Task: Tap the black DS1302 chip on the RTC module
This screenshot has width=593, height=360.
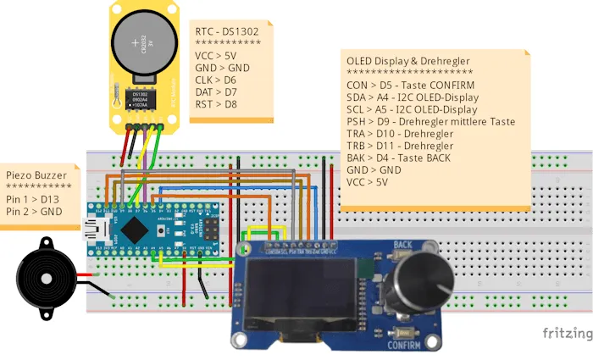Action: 140,98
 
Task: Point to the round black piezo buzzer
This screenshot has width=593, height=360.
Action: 44,275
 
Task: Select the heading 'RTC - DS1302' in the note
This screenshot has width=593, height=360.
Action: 227,32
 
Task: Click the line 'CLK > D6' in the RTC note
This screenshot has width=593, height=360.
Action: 215,80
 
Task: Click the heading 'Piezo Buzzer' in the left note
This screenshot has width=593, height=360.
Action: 36,175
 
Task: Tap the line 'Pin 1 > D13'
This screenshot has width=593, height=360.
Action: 33,199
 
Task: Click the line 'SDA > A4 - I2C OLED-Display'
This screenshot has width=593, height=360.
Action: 413,97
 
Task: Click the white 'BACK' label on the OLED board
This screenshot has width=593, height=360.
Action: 402,245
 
